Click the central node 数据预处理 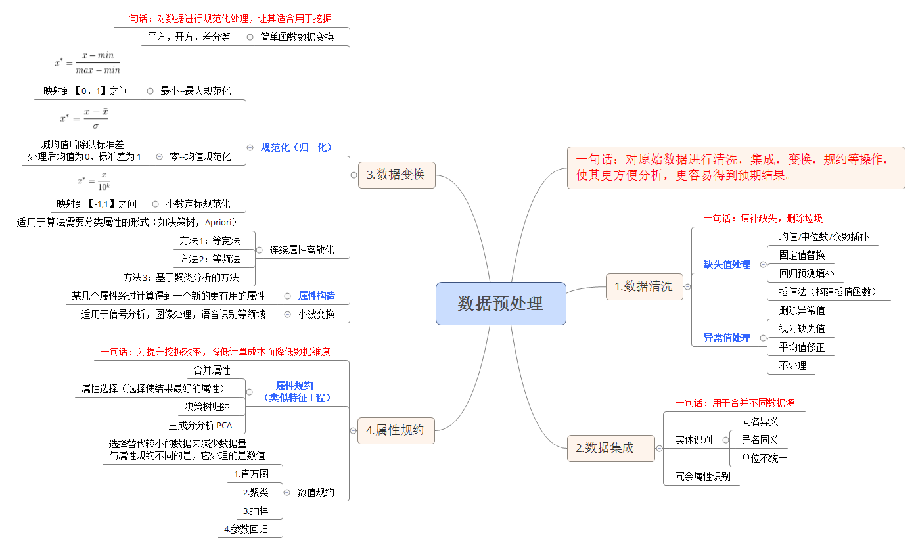pos(501,304)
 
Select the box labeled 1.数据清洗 pos(644,286)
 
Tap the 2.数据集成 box pos(610,448)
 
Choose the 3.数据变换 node pos(396,175)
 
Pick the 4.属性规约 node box pos(396,430)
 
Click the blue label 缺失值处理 pos(727,264)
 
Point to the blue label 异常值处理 pos(727,338)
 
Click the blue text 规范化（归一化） pos(296,147)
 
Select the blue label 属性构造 pos(317,296)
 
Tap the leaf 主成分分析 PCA pos(200,425)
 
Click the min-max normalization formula pos(87,62)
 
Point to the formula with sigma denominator pos(84,118)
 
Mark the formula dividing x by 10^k pos(94,181)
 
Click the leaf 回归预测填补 pos(806,273)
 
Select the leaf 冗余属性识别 pos(702,476)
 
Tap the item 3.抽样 pos(256,511)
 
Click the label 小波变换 pos(316,314)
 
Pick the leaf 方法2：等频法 pos(210,259)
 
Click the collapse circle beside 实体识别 pos(725,440)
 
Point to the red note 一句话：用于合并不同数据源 pos(735,403)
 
